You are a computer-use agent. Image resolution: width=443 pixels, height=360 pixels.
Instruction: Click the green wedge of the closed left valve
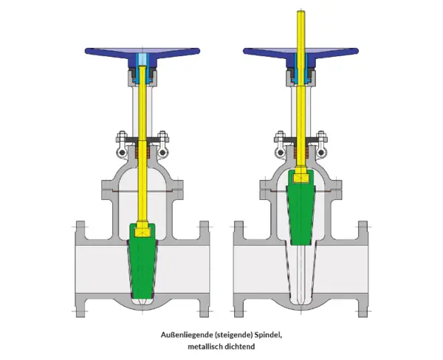pyautogui.click(x=142, y=266)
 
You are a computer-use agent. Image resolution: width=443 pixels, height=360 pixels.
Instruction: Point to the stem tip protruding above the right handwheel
pyautogui.click(x=301, y=13)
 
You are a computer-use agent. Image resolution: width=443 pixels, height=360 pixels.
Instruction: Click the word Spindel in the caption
pyautogui.click(x=268, y=335)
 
